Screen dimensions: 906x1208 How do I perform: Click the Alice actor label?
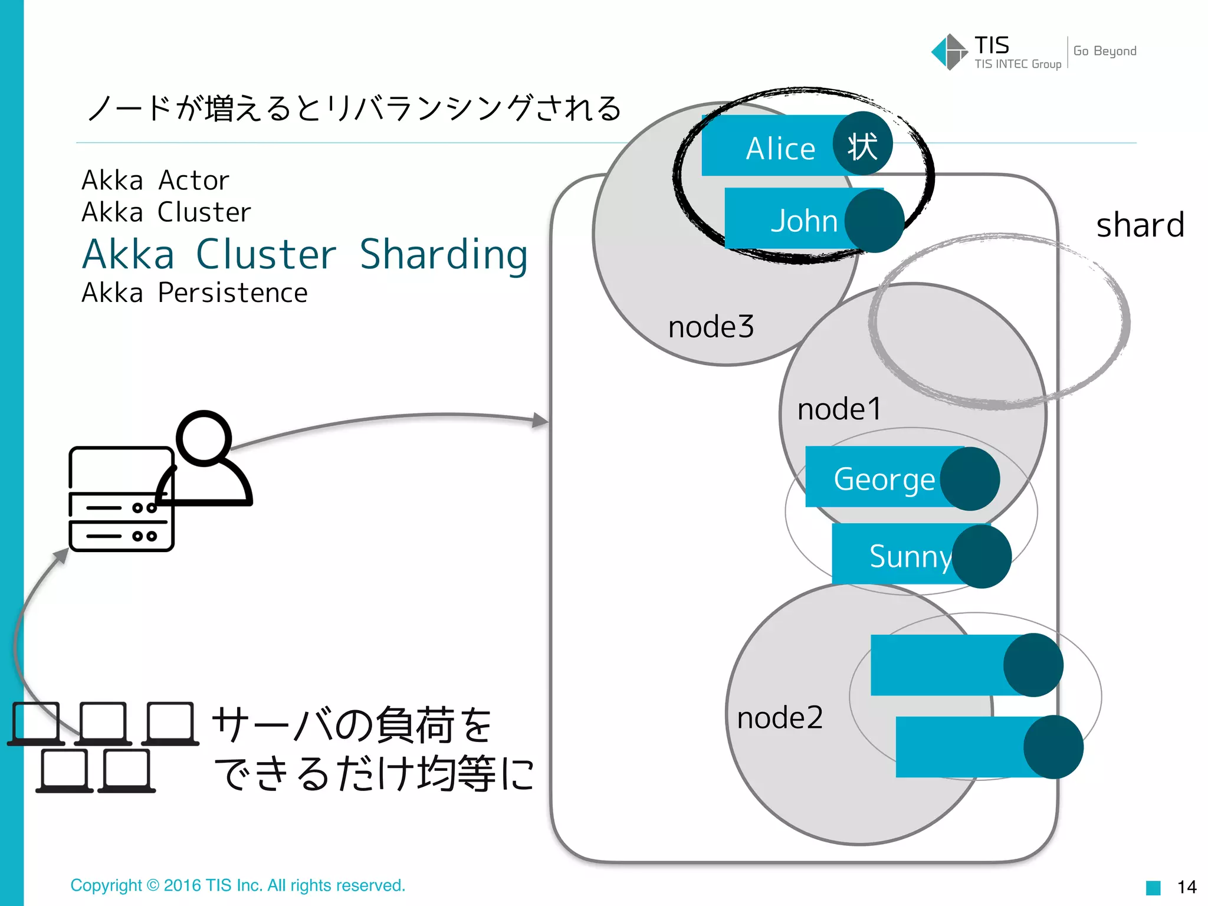780,148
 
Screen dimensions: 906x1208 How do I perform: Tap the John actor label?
804,221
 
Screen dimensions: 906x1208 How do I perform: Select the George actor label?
884,478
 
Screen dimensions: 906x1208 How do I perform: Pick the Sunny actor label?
910,556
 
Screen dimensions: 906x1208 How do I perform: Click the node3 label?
711,327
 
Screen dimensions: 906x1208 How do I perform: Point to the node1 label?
839,409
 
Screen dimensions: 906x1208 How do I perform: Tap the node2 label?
779,718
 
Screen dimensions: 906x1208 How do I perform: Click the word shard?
1140,225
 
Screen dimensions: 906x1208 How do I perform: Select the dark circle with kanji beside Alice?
862,144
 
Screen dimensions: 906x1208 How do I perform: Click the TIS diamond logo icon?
948,52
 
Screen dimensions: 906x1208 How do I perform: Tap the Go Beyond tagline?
1104,51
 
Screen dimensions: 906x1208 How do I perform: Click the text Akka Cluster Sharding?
305,255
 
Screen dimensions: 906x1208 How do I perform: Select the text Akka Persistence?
195,293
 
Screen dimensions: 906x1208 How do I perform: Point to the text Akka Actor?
155,180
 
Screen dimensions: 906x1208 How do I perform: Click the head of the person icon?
204,438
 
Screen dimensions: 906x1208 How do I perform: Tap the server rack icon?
120,499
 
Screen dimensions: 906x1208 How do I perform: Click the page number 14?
1186,887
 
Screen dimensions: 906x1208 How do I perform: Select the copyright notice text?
238,885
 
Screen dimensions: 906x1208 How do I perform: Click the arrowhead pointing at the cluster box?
540,421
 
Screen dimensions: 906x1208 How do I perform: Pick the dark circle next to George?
969,478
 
